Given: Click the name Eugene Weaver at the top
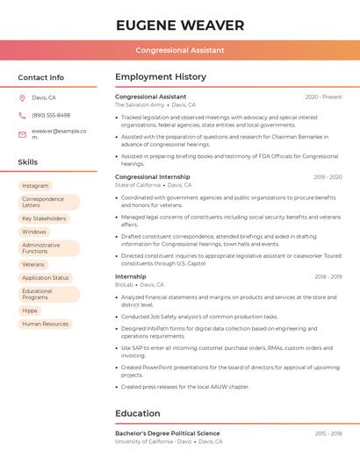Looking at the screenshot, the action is pyautogui.click(x=180, y=25).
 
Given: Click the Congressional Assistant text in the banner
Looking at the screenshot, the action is pyautogui.click(x=180, y=50).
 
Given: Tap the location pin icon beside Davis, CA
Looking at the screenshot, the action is pyautogui.click(x=22, y=97).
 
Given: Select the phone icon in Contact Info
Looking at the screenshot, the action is pyautogui.click(x=22, y=115).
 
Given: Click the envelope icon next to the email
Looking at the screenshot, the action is pyautogui.click(x=22, y=133).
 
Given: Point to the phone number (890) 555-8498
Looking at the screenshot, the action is pyautogui.click(x=51, y=115).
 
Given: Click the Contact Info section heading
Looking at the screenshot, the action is pyautogui.click(x=40, y=77).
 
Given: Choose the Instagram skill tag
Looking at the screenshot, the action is pyautogui.click(x=35, y=186).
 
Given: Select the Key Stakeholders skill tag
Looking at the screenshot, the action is pyautogui.click(x=44, y=218).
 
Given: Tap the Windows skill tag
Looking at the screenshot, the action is pyautogui.click(x=34, y=232).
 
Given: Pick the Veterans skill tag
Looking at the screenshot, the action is pyautogui.click(x=33, y=264).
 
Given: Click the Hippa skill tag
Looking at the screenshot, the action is pyautogui.click(x=30, y=311).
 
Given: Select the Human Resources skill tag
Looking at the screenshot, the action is pyautogui.click(x=45, y=324).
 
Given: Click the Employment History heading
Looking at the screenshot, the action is pyautogui.click(x=161, y=77).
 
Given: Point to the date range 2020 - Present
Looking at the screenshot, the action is pyautogui.click(x=323, y=97).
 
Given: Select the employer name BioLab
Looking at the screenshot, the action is pyautogui.click(x=124, y=284).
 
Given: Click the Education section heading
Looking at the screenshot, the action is pyautogui.click(x=138, y=413).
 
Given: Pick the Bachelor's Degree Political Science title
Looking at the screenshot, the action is pyautogui.click(x=168, y=433).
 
